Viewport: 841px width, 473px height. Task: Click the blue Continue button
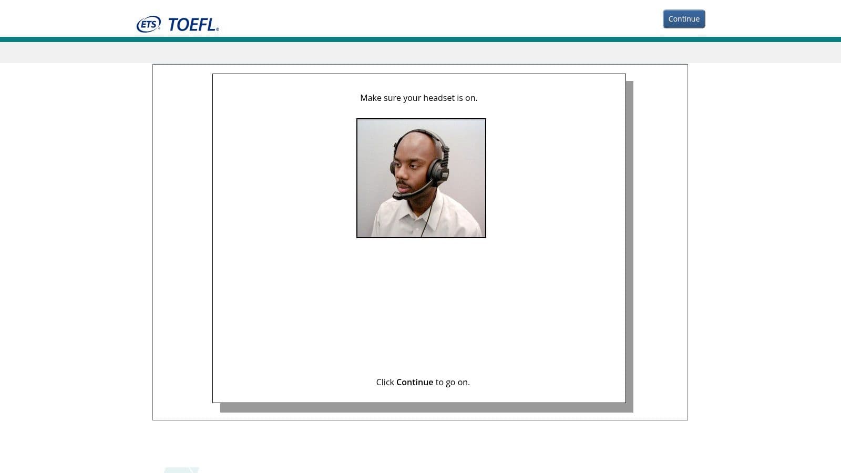pyautogui.click(x=684, y=19)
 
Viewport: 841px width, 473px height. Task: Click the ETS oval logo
pyautogui.click(x=149, y=24)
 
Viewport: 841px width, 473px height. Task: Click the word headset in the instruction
pyautogui.click(x=438, y=98)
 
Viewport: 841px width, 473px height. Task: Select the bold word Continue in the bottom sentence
pyautogui.click(x=415, y=382)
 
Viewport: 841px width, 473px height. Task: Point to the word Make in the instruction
pyautogui.click(x=371, y=98)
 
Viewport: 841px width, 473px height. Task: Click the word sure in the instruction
pyautogui.click(x=392, y=98)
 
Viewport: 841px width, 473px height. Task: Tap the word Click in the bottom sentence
pyautogui.click(x=385, y=382)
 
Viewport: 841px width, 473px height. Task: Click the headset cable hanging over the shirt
pyautogui.click(x=428, y=217)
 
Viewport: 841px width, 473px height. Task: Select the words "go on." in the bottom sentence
pyautogui.click(x=458, y=383)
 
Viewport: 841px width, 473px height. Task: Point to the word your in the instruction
pyautogui.click(x=412, y=99)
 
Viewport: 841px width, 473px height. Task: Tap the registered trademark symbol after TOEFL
pyautogui.click(x=218, y=29)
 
